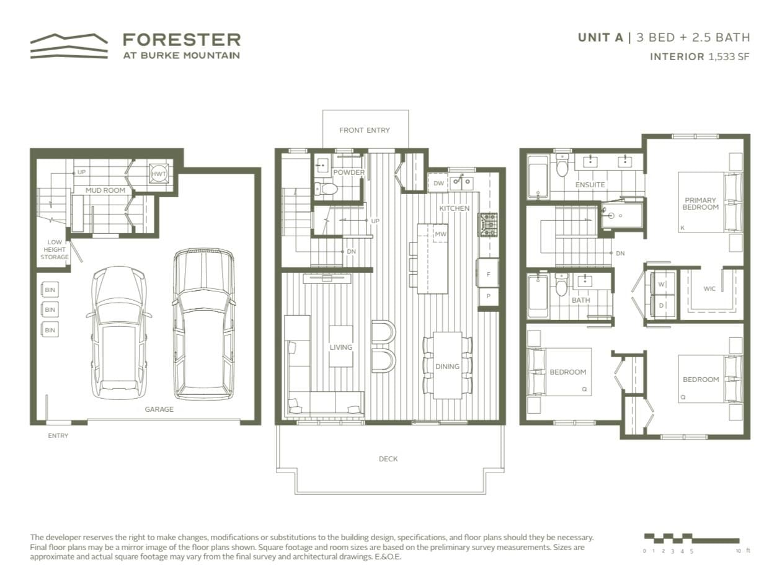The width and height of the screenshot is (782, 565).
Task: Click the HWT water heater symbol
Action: coord(159,174)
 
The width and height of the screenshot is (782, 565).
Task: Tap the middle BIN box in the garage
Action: coord(50,309)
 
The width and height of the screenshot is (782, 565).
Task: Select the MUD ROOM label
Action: coord(105,190)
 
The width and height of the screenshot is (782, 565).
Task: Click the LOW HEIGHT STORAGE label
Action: coord(55,250)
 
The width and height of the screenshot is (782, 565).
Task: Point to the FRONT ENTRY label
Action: coord(365,130)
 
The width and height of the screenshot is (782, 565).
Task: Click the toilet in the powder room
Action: coord(326,189)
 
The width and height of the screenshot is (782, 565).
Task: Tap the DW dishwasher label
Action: coord(438,184)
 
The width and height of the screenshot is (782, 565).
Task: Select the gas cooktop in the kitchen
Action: coord(489,225)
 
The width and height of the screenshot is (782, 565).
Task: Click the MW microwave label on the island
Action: coord(440,234)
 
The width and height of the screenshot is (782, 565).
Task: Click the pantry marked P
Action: coord(488,297)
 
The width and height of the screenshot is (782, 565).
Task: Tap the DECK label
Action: coord(388,459)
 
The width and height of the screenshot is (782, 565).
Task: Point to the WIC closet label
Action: coord(709,289)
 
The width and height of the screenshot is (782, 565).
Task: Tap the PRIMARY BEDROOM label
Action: coord(701,203)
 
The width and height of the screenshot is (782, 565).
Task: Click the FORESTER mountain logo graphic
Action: coord(69,46)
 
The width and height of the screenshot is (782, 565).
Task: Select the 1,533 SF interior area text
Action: coord(729,56)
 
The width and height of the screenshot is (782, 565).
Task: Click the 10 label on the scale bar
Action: coord(739,551)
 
